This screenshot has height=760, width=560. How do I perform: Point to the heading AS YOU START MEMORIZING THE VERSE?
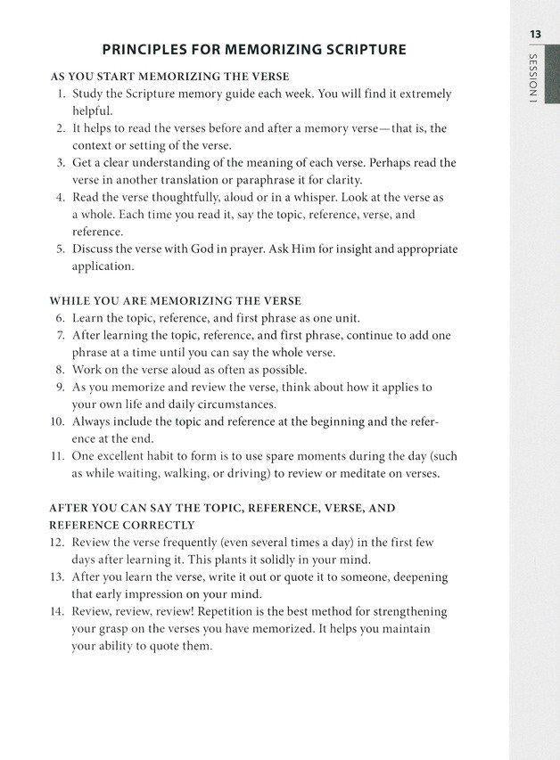pos(169,76)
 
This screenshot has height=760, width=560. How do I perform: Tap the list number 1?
pos(60,94)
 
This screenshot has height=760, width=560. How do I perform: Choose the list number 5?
pos(60,249)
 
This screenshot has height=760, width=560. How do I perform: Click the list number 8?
pos(60,370)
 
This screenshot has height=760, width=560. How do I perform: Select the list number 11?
pos(57,456)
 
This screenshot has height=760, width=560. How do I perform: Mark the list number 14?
pos(57,611)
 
